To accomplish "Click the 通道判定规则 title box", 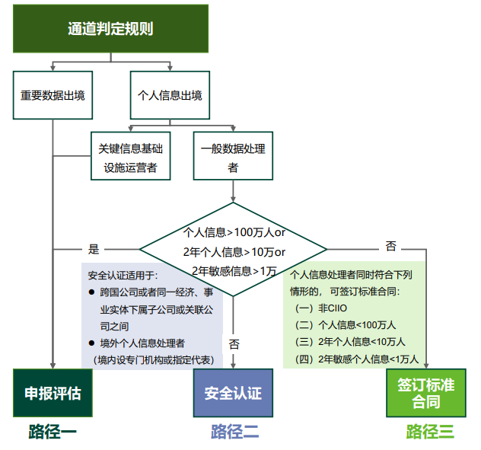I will point(111,29).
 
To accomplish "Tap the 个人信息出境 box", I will point(169,96).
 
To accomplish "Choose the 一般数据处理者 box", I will point(233,158).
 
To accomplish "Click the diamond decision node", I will point(233,250).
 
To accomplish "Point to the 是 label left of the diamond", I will point(94,249).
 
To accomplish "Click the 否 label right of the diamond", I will point(390,246).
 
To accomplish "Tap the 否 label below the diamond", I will point(234,344).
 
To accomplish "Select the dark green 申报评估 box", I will point(52,393).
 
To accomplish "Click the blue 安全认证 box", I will point(233,393).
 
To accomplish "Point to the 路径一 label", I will point(53,432).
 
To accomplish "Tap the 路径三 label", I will point(430,432).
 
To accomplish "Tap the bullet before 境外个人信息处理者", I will point(92,343).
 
